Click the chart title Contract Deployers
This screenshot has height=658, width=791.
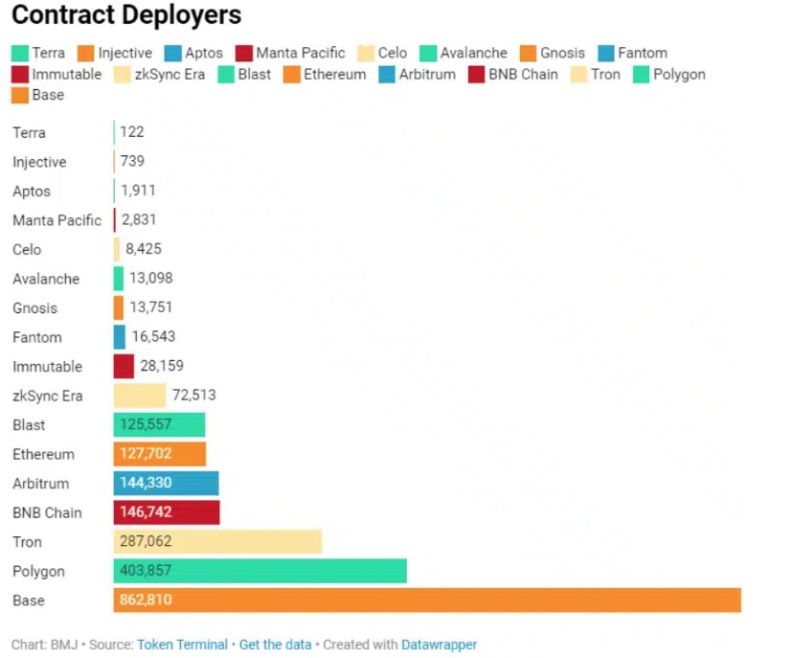tap(126, 15)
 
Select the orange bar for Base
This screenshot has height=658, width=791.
tap(427, 600)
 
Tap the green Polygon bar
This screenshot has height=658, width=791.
tap(260, 571)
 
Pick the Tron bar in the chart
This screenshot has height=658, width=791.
tap(218, 541)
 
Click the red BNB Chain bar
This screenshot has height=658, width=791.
tap(167, 512)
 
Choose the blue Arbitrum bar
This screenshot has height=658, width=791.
tap(166, 483)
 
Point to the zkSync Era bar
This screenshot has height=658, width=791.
tap(140, 396)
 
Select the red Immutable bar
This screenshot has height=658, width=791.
tap(124, 366)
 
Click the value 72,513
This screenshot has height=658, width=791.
tap(194, 395)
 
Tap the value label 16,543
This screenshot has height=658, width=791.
tap(153, 336)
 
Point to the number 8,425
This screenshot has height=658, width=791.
tap(144, 248)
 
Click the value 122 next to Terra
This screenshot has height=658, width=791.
tap(132, 132)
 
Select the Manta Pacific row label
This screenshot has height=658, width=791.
tap(57, 220)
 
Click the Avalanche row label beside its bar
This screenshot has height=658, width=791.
tap(46, 279)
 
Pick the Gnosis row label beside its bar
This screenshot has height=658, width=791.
tap(34, 307)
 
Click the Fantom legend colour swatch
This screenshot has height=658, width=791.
tap(606, 53)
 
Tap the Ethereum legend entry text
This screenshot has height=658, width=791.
tap(334, 74)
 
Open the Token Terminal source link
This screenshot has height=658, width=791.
tap(182, 645)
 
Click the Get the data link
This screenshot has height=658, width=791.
tap(275, 645)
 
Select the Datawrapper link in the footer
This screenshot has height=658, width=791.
tap(439, 645)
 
